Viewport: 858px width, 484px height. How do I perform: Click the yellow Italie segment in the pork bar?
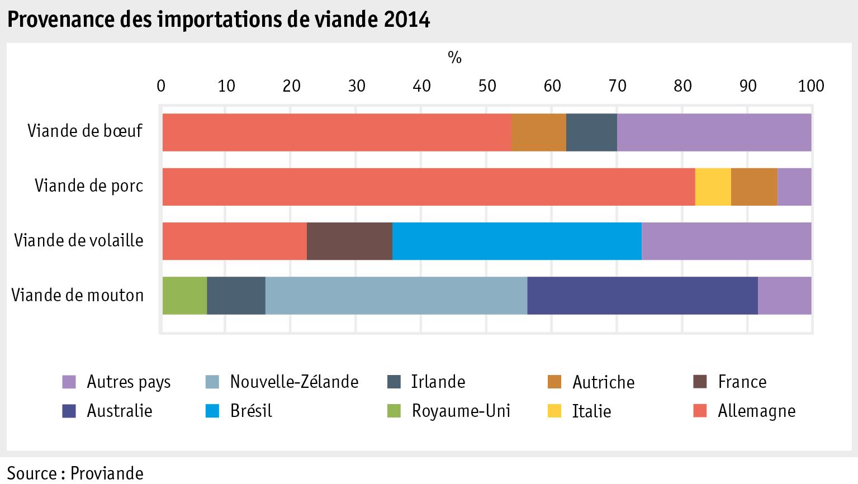pos(713,187)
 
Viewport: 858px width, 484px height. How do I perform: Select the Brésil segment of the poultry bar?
pos(516,241)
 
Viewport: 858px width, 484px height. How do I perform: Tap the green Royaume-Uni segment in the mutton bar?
pos(184,295)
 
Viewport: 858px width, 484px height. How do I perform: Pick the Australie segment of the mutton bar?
pos(642,295)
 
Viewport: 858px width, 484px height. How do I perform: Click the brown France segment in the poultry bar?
pos(349,241)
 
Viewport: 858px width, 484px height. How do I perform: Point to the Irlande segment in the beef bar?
pos(591,132)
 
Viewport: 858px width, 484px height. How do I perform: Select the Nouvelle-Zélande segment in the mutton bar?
pos(396,295)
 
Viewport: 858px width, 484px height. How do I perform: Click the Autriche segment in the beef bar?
pos(538,132)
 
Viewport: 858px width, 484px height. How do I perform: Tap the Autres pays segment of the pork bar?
pos(794,187)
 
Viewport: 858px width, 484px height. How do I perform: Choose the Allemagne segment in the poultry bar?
pos(234,241)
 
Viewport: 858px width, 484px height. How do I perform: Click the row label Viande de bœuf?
pos(86,131)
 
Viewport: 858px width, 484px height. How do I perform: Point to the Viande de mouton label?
pos(78,295)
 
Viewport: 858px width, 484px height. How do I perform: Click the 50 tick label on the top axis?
pos(487,86)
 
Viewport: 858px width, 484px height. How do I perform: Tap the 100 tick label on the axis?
pos(811,86)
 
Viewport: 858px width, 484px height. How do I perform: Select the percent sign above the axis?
pos(454,57)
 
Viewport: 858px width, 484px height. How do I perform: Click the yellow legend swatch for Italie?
pos(554,411)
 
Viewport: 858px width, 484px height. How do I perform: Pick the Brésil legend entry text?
pos(251,411)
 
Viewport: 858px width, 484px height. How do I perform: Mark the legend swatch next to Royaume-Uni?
pos(394,411)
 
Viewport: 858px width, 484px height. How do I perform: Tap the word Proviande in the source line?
pos(108,473)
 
